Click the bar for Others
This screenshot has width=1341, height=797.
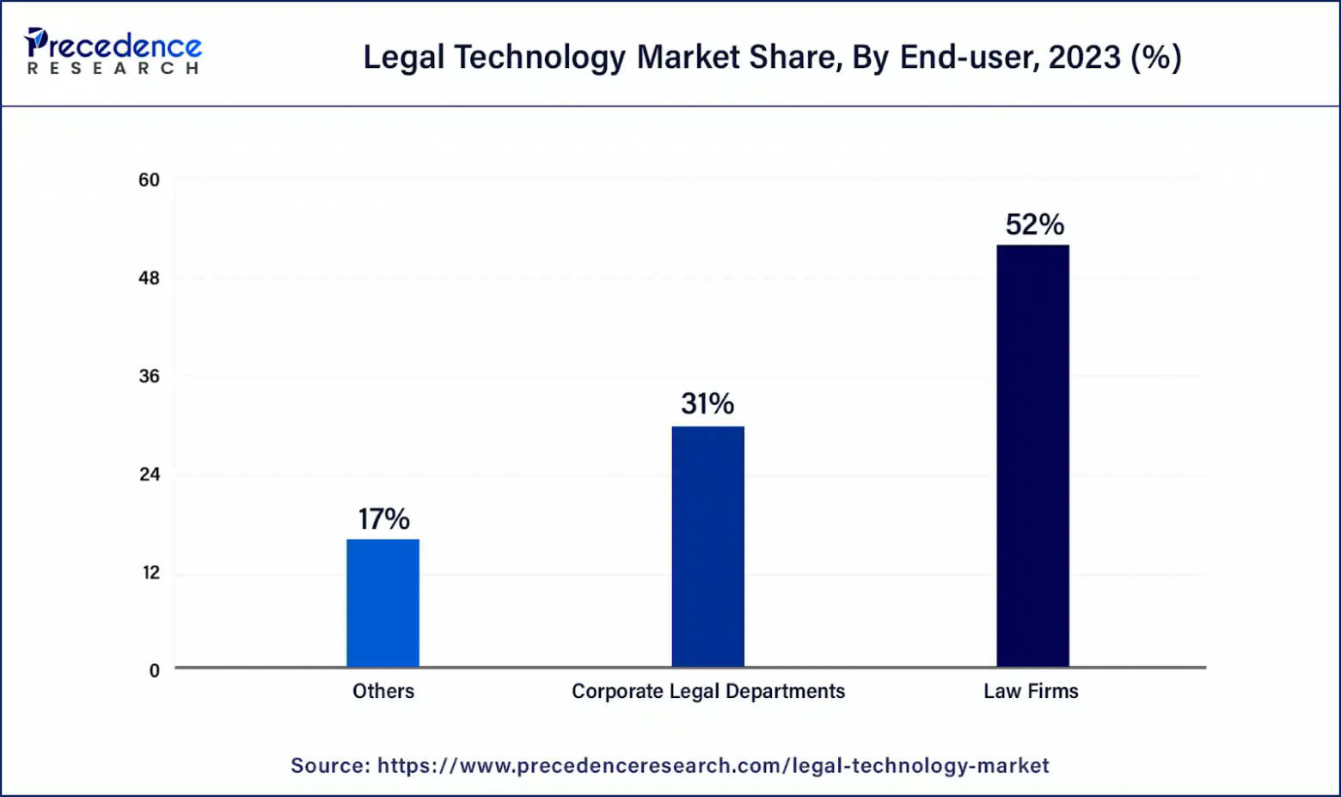(x=383, y=603)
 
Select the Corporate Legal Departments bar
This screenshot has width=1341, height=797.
(x=707, y=546)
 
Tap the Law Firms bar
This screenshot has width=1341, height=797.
(x=1032, y=456)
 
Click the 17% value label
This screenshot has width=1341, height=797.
(x=383, y=519)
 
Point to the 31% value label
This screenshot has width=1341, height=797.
(x=707, y=404)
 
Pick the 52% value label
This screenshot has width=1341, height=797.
(x=1034, y=225)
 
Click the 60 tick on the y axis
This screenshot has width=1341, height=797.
(x=150, y=181)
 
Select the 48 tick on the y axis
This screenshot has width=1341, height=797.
(x=150, y=279)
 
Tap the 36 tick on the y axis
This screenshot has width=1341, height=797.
(x=150, y=377)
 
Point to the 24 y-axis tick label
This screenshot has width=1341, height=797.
(x=150, y=475)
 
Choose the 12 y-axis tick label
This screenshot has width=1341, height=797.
(x=150, y=573)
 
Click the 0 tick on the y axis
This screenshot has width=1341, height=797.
(x=155, y=671)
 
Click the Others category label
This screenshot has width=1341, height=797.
(x=383, y=691)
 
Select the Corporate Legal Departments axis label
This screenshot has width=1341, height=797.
(x=708, y=691)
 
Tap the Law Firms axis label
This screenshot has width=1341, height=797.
(x=1031, y=691)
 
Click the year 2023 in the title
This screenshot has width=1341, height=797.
(x=1084, y=58)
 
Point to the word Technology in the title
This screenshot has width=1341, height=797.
(x=540, y=58)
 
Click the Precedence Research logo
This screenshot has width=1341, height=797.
(x=113, y=52)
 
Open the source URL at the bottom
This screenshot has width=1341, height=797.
(x=713, y=765)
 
